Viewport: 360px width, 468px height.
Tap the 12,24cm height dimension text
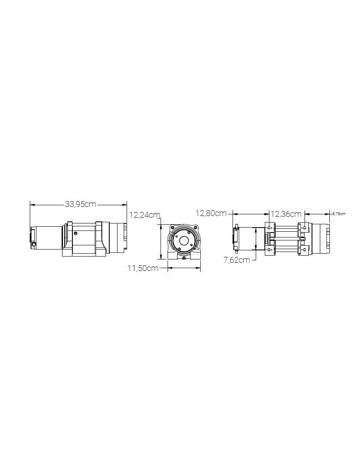pos(144,215)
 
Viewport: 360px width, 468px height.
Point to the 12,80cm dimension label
pos(211,214)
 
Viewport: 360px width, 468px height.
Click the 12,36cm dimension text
pos(286,214)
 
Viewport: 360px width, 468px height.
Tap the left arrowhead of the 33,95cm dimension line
pos(32,204)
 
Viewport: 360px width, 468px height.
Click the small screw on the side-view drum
pos(75,233)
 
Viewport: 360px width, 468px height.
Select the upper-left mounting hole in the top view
pos(270,228)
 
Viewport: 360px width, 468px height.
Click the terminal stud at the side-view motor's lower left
pos(33,245)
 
